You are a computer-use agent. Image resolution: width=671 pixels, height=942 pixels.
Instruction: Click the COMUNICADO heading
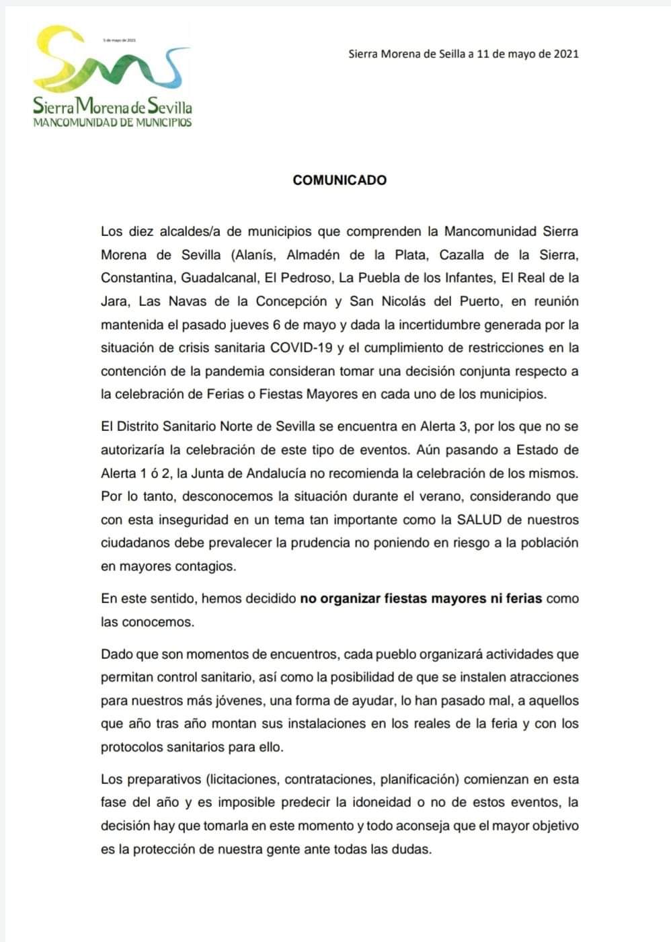[340, 180]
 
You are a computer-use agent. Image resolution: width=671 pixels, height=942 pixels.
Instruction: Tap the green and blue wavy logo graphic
[111, 63]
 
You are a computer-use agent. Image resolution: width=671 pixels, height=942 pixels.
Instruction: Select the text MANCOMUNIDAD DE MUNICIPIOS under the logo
[112, 122]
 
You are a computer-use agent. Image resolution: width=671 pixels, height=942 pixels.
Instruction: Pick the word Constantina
[137, 278]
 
